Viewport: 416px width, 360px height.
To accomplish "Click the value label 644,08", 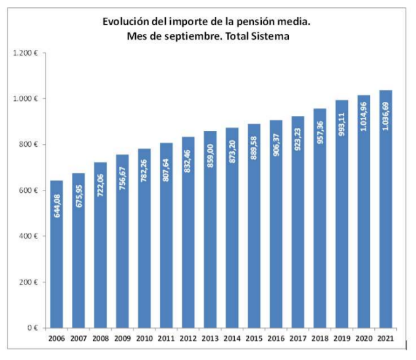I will click(57, 204).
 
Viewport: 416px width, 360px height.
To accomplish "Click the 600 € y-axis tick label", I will click(28, 190).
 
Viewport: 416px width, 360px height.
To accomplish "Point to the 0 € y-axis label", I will click(33, 328).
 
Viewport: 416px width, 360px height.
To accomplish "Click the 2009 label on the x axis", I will click(122, 338).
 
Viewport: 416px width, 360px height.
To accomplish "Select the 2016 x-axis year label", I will click(276, 338).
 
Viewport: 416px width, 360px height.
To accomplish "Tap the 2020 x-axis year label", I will click(364, 338).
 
